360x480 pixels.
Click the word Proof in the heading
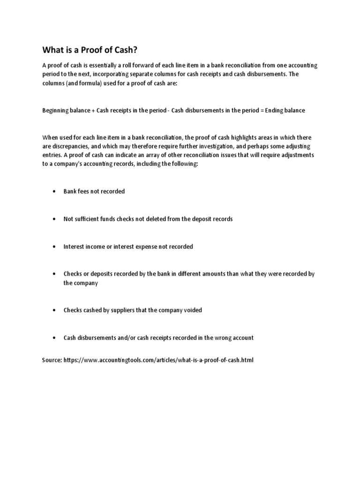(x=86, y=50)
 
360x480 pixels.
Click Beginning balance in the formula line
(x=63, y=111)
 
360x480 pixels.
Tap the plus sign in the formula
(x=88, y=111)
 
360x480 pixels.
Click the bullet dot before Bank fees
(x=54, y=192)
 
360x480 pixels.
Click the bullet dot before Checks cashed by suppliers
(x=54, y=310)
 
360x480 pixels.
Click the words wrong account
(x=236, y=337)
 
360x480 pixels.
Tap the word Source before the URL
(x=51, y=360)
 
